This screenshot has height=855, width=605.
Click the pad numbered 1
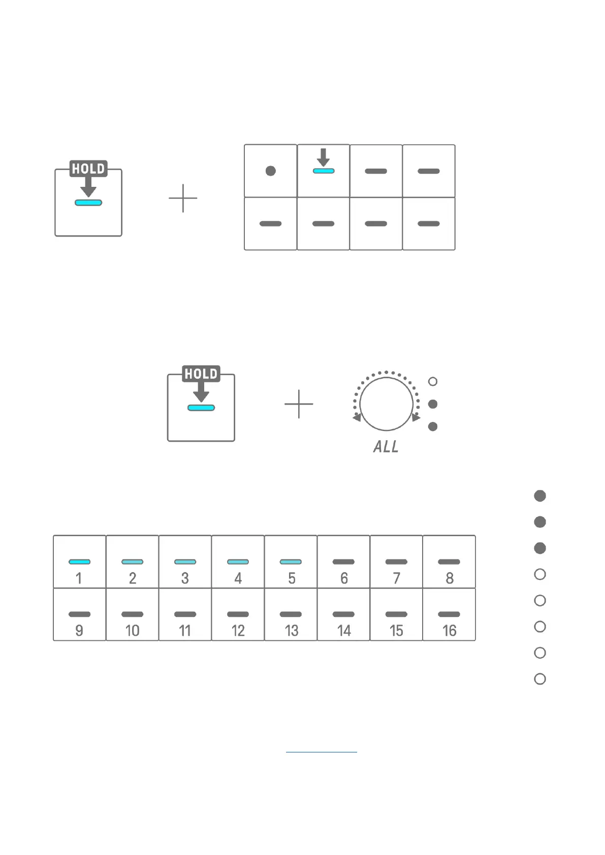(79, 562)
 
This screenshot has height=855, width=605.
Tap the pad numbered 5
(291, 562)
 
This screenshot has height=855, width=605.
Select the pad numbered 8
(449, 562)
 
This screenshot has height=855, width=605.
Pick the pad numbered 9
(79, 615)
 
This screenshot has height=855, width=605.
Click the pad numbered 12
(238, 615)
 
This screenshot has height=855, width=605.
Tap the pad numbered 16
(449, 615)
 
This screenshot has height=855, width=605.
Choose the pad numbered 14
(343, 615)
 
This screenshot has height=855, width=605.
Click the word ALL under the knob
(386, 447)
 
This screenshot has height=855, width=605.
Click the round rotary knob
(386, 404)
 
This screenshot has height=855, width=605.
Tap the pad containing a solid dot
(271, 171)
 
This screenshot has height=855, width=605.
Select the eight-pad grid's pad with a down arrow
(324, 171)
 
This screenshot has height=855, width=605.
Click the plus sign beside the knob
(299, 404)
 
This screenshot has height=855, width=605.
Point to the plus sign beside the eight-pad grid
(183, 199)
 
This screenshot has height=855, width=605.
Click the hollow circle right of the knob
(433, 381)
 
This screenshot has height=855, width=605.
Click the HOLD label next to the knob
(201, 374)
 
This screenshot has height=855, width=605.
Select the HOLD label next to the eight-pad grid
(88, 169)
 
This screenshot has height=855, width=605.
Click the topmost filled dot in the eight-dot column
(540, 496)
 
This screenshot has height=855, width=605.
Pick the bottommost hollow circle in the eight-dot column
(540, 679)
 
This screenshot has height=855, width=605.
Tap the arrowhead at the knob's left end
(357, 417)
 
